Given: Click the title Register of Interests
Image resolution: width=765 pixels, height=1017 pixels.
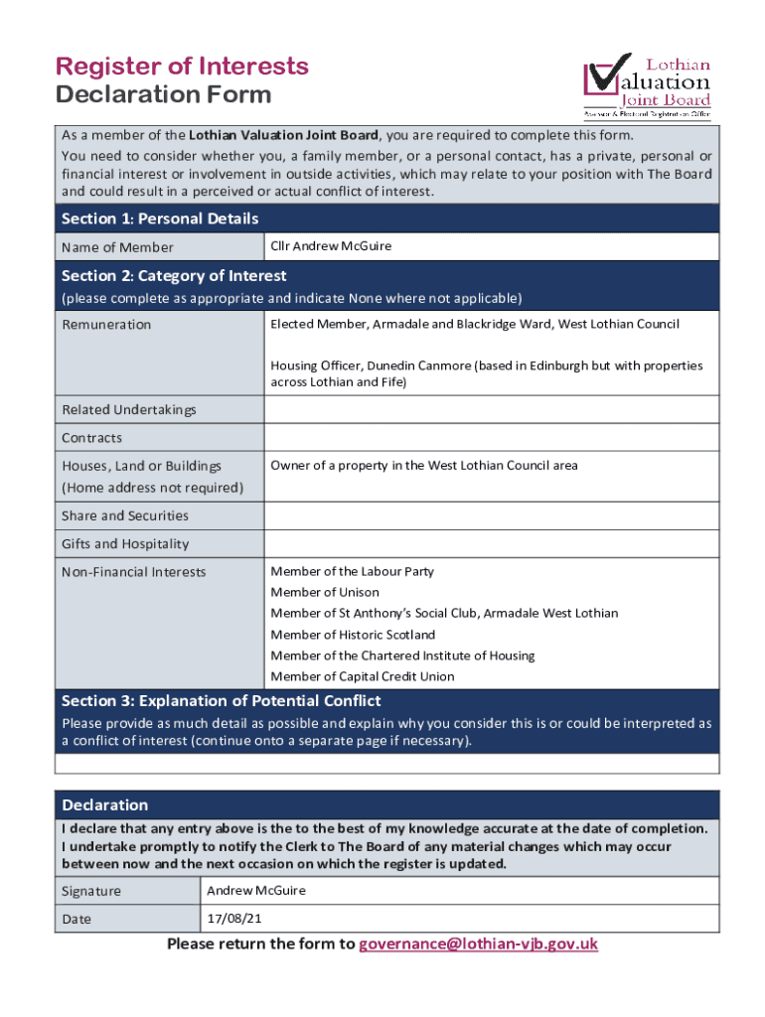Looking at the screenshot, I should tap(182, 67).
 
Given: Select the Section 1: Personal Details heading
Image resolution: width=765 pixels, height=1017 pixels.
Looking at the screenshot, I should tap(160, 218).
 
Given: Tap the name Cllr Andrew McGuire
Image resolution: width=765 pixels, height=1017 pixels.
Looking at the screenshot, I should tap(331, 246).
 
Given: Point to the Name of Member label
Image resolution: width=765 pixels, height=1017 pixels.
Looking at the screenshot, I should tap(117, 247).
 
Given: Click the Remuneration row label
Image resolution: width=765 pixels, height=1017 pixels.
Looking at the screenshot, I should tap(106, 325).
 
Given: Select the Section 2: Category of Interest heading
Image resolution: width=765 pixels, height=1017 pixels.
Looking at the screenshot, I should tap(174, 276).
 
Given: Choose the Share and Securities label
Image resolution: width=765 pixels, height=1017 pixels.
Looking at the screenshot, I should tap(124, 515).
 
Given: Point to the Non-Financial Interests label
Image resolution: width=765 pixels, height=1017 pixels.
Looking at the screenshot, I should tap(133, 572).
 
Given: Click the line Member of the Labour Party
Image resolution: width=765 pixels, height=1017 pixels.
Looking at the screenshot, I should tap(352, 571).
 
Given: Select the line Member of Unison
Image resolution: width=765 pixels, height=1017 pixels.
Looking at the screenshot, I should tap(325, 592).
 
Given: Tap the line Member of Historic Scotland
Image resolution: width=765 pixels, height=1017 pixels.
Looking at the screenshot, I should tap(353, 635).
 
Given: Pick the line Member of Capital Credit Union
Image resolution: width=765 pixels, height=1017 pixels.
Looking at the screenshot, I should tap(363, 676).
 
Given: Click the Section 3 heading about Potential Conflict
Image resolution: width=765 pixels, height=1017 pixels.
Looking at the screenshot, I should tap(221, 701).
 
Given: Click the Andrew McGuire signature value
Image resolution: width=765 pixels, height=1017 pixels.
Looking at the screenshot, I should tap(256, 891).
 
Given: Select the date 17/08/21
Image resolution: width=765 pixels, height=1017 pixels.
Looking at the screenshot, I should tap(228, 919).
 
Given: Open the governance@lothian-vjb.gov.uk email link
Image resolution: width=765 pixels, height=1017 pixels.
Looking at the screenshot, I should tap(478, 944).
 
